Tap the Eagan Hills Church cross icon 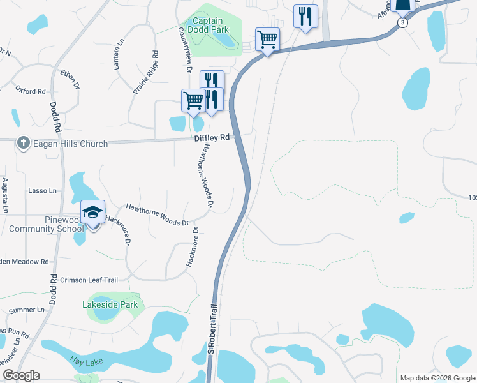(x=23, y=143)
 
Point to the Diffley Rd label (x=212, y=137)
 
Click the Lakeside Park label (x=110, y=305)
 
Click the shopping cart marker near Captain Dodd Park (x=268, y=40)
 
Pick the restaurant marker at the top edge (x=305, y=15)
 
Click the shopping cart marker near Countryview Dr (x=193, y=100)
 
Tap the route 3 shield (x=402, y=22)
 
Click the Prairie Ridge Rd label (x=145, y=72)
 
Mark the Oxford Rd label (x=30, y=91)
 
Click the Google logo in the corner (x=21, y=375)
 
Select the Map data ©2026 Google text (x=437, y=378)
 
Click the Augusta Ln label (x=4, y=196)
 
